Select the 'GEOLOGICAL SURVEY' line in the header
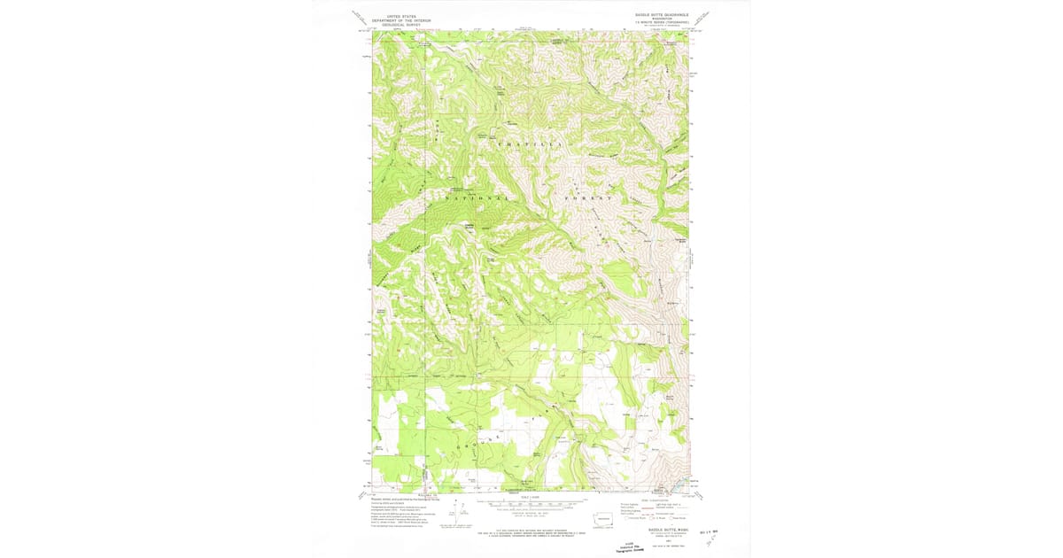pyautogui.click(x=399, y=24)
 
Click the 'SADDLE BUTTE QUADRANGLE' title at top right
pyautogui.click(x=660, y=15)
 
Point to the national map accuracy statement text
pyautogui.click(x=530, y=531)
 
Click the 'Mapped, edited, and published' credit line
pyautogui.click(x=407, y=499)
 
